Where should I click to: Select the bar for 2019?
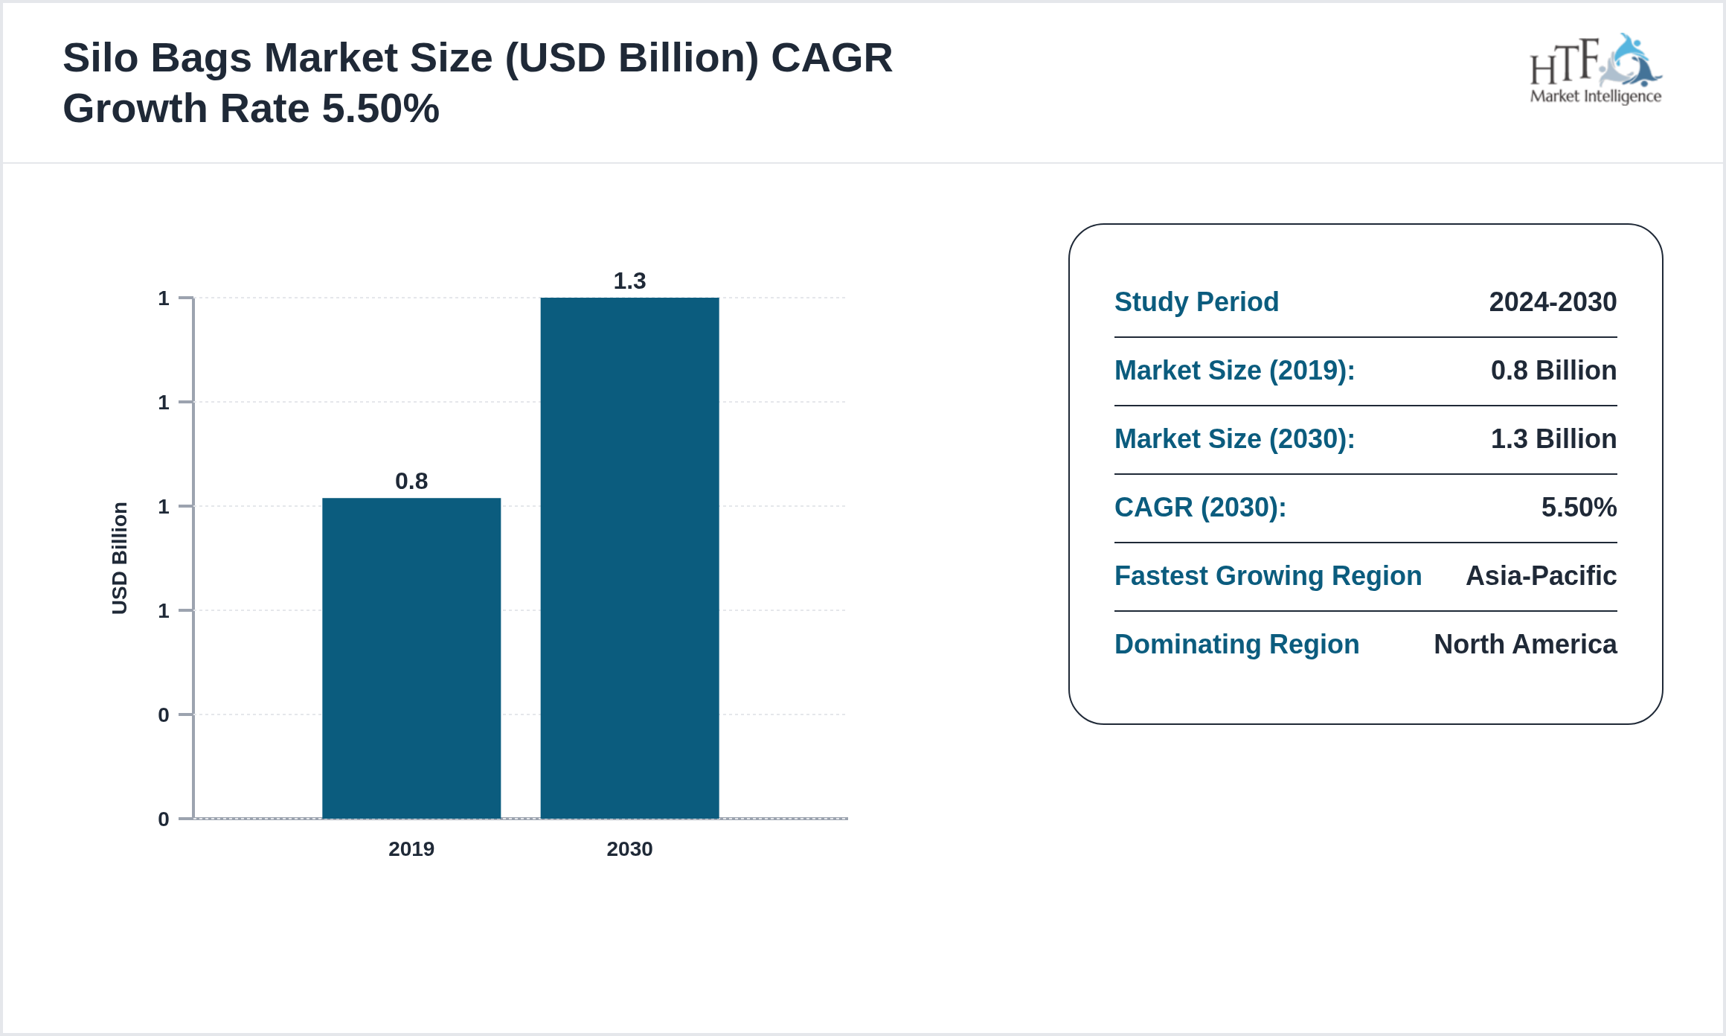click(411, 658)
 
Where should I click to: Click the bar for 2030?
click(629, 558)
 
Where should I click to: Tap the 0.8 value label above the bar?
click(411, 482)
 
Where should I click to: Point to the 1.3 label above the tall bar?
click(629, 281)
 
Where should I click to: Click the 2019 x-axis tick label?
click(411, 849)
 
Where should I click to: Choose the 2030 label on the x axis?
click(629, 849)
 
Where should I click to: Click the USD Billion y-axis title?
click(120, 558)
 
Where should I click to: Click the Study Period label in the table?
click(1196, 302)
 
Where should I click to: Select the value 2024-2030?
click(1553, 302)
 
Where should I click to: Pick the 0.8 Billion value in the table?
click(1553, 371)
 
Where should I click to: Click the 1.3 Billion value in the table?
click(1553, 439)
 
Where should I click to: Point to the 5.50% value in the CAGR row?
click(1579, 508)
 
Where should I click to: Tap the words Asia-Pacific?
click(1541, 576)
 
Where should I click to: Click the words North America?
click(1525, 645)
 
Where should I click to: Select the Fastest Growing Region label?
click(1268, 576)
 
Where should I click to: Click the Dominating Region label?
click(1236, 645)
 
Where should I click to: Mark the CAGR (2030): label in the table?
click(1200, 508)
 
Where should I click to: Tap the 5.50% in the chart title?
click(380, 109)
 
